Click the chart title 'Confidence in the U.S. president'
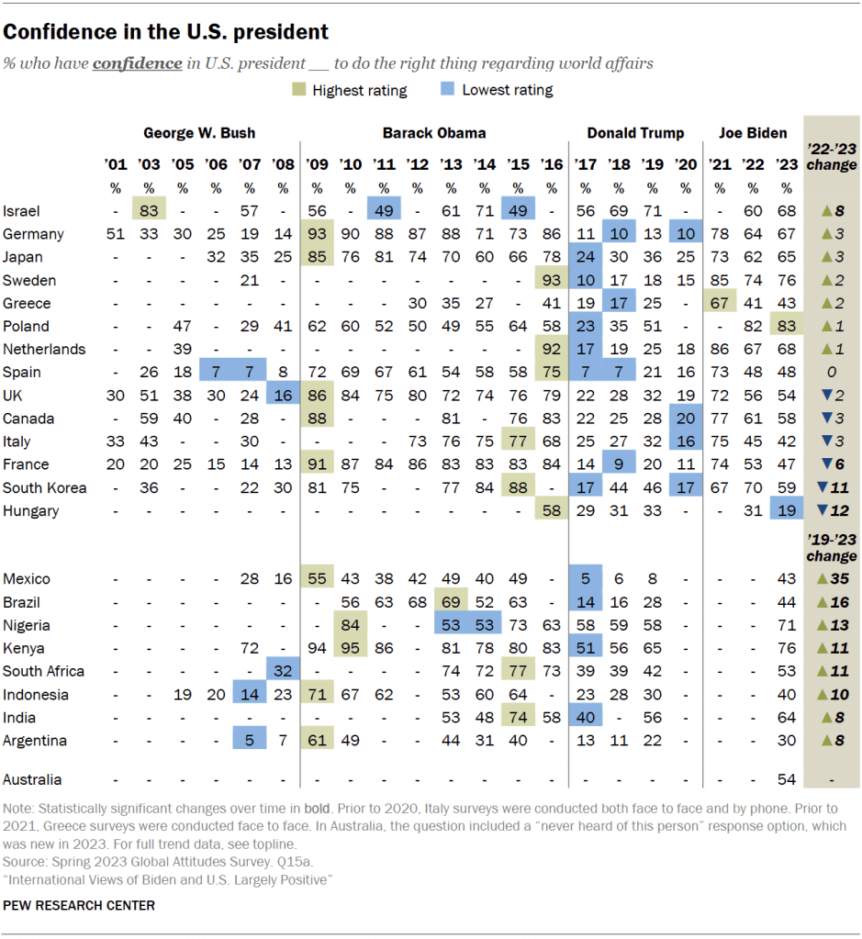click(x=165, y=32)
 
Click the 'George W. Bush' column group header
click(x=199, y=133)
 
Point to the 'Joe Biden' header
click(x=753, y=133)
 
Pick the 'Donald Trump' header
click(x=635, y=133)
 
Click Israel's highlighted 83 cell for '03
click(x=149, y=211)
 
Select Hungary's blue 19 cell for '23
click(x=786, y=510)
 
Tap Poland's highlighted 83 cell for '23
click(x=786, y=326)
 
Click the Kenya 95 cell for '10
click(x=351, y=648)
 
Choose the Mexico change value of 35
click(x=831, y=579)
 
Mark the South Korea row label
click(x=44, y=487)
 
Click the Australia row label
click(x=33, y=779)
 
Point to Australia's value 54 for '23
click(x=786, y=779)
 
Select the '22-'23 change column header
click(x=831, y=157)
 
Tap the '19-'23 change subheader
click(x=831, y=549)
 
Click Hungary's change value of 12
click(x=831, y=510)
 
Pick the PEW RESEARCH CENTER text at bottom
click(x=78, y=905)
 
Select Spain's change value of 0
click(x=831, y=372)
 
